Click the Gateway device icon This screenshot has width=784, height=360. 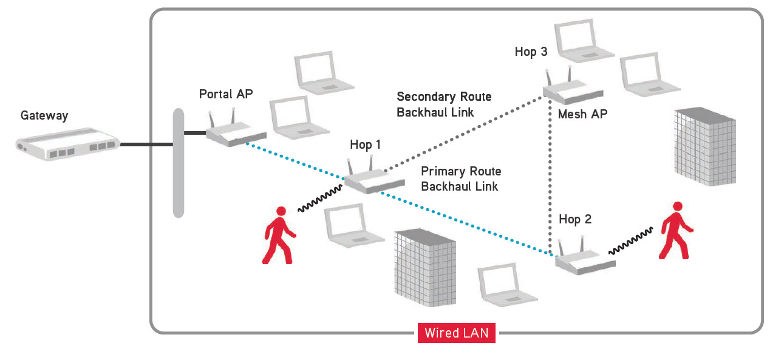tap(67, 145)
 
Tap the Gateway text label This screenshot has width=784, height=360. tap(44, 115)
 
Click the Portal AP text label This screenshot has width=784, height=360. tap(226, 94)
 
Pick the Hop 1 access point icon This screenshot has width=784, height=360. tap(373, 180)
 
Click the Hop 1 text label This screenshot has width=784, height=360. tap(366, 144)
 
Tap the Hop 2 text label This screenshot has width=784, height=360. tap(575, 219)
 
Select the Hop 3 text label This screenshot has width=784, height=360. tap(531, 52)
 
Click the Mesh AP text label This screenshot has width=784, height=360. tap(582, 114)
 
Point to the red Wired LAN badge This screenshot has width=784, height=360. tap(456, 333)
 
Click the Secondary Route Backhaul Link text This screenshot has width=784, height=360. tap(444, 104)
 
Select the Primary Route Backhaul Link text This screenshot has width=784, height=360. tap(461, 179)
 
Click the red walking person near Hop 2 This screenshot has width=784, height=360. tap(676, 230)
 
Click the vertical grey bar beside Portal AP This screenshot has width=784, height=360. tap(178, 163)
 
